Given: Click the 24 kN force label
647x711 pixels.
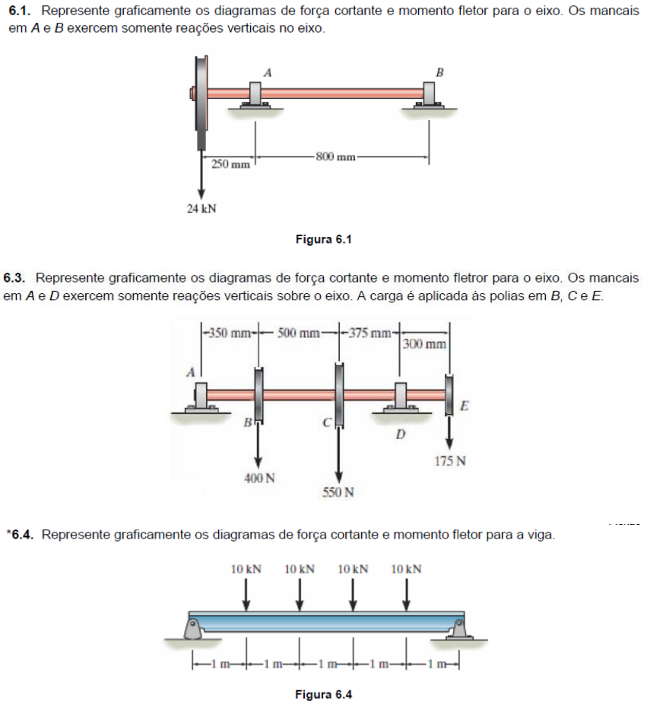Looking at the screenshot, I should [x=201, y=209].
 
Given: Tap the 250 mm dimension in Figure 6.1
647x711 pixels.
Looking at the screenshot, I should [x=230, y=164].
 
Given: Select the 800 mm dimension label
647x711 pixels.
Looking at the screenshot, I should [x=335, y=157].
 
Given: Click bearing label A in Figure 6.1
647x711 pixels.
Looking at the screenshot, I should [x=267, y=71].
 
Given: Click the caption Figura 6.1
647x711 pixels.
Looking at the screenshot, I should [x=324, y=240].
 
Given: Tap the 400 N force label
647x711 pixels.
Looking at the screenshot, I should [x=259, y=478].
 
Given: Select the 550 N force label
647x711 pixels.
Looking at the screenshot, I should [x=338, y=492].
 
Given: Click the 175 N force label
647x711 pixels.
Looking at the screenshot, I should [x=450, y=461].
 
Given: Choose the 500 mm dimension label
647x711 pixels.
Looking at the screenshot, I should [x=299, y=332].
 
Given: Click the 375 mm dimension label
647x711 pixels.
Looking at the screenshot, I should [x=369, y=332].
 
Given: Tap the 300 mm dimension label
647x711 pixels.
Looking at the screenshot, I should [x=425, y=344].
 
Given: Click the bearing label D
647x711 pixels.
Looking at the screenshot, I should [x=401, y=435].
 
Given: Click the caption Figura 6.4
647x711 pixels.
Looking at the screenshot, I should [x=324, y=694].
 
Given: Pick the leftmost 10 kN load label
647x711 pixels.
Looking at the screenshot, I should [x=246, y=568].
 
